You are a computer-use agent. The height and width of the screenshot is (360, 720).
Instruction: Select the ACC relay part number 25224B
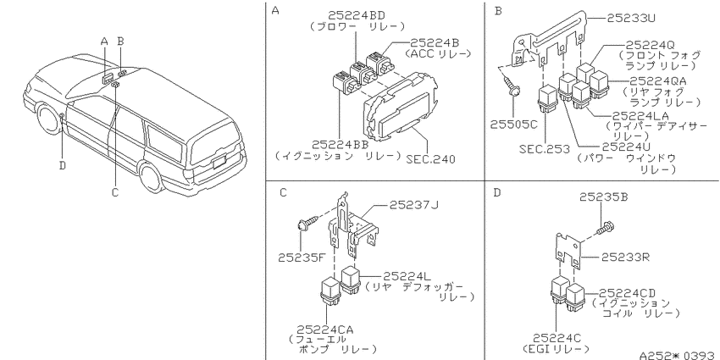coord(435,42)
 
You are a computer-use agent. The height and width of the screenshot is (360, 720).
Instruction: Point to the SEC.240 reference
coord(430,159)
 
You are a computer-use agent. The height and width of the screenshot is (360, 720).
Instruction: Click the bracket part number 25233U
coord(631,18)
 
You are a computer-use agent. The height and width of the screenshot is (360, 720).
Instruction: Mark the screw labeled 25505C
coord(515,124)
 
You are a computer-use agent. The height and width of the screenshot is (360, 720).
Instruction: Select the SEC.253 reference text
coord(544,149)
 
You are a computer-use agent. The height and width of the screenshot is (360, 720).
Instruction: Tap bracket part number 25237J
coord(413,204)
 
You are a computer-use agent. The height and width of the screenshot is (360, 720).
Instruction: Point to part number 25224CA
coord(325,330)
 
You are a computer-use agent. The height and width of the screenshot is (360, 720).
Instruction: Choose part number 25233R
coord(626,257)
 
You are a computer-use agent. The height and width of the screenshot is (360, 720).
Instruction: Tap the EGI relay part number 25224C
coord(557,339)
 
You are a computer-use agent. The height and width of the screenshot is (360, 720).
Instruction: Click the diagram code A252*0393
coord(679,355)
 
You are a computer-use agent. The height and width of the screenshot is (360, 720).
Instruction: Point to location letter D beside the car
coord(63,165)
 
